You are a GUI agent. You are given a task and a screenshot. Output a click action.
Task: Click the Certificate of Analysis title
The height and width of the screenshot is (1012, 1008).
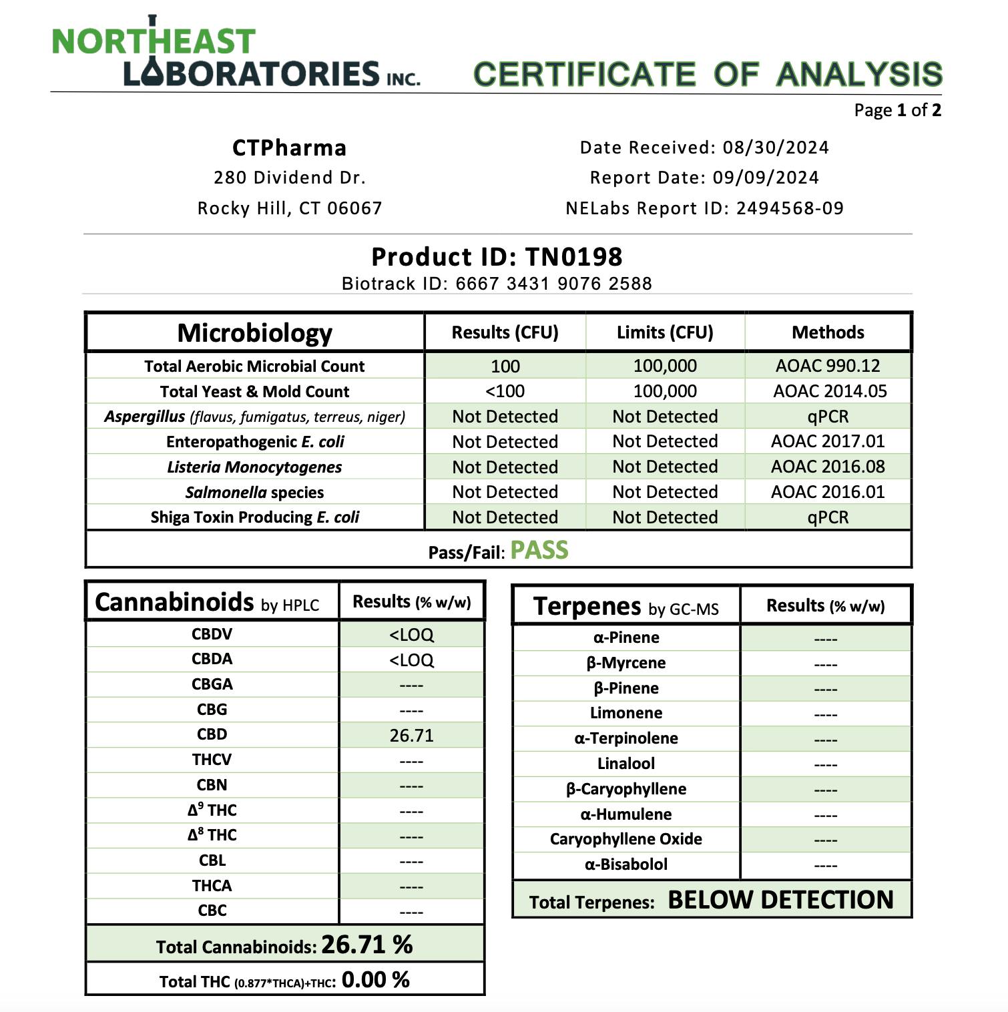click(x=708, y=74)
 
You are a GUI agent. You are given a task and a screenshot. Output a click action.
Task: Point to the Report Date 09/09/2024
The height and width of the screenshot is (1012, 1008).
click(x=766, y=178)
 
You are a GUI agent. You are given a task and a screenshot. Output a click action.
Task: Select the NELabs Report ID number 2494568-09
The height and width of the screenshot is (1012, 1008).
click(x=790, y=208)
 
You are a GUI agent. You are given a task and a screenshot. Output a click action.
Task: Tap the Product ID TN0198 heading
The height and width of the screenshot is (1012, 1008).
click(x=497, y=257)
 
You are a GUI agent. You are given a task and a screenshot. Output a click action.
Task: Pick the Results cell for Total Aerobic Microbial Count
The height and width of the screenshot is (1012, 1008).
click(x=505, y=366)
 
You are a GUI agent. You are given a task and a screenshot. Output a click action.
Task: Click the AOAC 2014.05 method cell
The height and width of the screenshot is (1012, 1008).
click(x=829, y=391)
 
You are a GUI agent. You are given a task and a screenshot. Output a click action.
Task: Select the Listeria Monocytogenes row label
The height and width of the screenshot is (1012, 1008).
click(x=254, y=467)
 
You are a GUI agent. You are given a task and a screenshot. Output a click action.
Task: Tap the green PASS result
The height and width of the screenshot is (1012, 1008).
click(x=539, y=551)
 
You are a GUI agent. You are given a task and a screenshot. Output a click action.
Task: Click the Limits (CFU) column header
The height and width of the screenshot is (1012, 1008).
click(x=665, y=332)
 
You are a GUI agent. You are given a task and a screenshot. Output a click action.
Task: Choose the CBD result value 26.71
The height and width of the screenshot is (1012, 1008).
click(x=411, y=736)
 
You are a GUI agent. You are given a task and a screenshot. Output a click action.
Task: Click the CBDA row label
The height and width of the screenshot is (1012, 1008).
click(x=212, y=660)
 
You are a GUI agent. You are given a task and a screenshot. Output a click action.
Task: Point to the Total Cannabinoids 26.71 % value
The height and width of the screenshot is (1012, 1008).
click(x=367, y=945)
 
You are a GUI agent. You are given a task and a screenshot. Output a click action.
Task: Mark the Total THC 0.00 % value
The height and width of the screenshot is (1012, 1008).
click(x=375, y=980)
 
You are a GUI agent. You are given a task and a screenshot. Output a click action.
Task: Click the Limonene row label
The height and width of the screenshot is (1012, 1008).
click(x=625, y=713)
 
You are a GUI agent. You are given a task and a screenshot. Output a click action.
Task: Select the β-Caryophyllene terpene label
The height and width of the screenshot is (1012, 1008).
click(x=625, y=789)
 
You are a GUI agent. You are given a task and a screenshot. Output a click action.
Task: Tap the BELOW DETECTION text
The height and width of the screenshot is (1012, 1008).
click(x=780, y=900)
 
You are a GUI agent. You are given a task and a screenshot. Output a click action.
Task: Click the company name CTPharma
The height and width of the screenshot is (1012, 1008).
click(x=289, y=148)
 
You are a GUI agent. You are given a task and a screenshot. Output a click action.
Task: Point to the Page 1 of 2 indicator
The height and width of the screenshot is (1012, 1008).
click(x=897, y=110)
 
